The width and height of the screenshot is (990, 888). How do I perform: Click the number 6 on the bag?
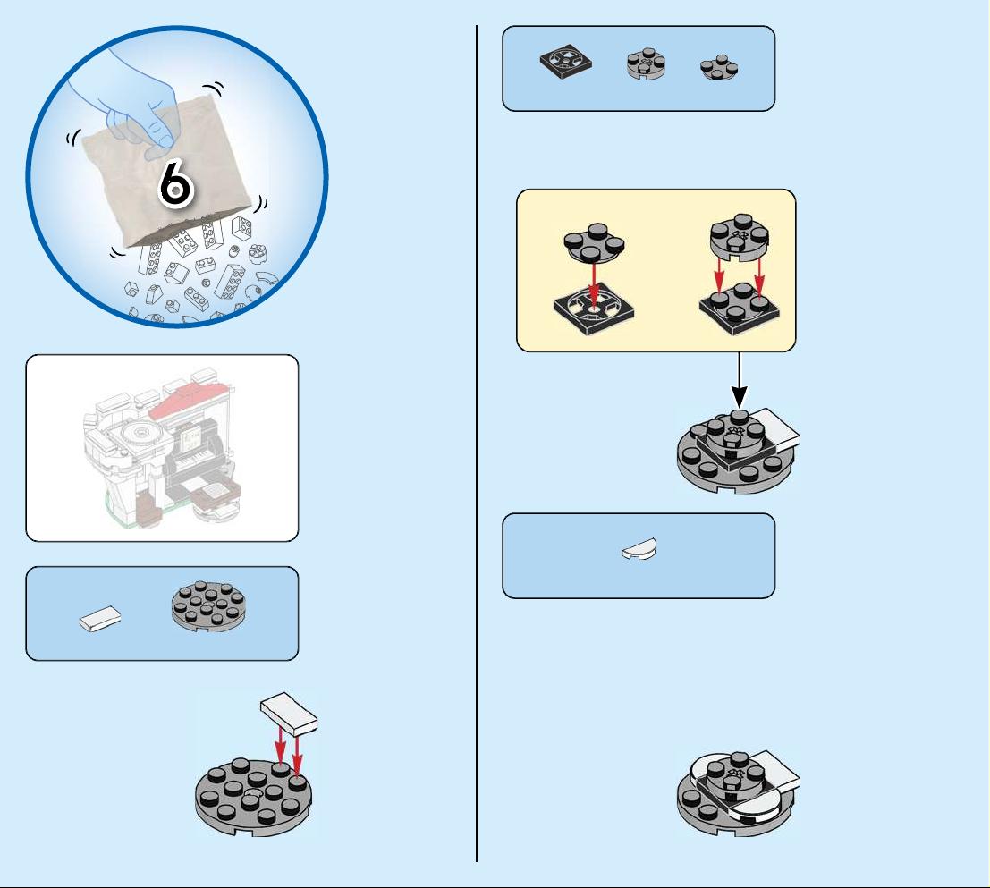pyautogui.click(x=175, y=183)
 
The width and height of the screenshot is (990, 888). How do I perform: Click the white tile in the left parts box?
pyautogui.click(x=100, y=619)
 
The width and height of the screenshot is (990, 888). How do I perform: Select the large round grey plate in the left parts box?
pyautogui.click(x=208, y=606)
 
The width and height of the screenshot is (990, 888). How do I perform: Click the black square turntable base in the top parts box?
pyautogui.click(x=566, y=62)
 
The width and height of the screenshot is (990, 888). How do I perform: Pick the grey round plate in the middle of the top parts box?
pyautogui.click(x=646, y=63)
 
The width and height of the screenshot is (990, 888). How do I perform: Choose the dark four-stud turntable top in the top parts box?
pyautogui.click(x=719, y=68)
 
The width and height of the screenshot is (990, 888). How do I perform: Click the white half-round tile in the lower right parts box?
pyautogui.click(x=639, y=549)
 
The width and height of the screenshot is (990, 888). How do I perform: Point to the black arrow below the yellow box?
pyautogui.click(x=740, y=380)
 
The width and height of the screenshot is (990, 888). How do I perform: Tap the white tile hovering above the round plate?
pyautogui.click(x=289, y=714)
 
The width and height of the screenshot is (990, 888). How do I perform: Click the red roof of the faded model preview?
pyautogui.click(x=190, y=398)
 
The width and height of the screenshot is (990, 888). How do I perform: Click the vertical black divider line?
pyautogui.click(x=477, y=443)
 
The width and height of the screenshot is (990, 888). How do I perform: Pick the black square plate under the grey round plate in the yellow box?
pyautogui.click(x=740, y=310)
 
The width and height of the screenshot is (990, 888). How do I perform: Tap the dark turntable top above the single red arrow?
pyautogui.click(x=595, y=243)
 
